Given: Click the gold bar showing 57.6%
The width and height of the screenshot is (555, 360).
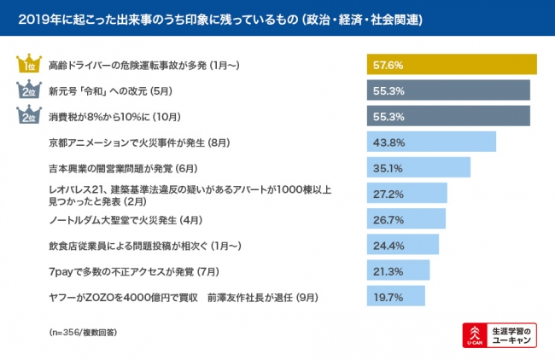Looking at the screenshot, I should (x=452, y=65).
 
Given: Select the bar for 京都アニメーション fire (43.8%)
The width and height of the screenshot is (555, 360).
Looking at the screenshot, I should (x=431, y=142).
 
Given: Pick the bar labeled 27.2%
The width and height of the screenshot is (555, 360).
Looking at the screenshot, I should (x=406, y=193).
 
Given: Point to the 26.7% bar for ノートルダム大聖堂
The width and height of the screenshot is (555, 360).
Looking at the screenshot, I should (x=406, y=218).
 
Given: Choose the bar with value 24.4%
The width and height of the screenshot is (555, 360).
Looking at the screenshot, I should (x=402, y=245).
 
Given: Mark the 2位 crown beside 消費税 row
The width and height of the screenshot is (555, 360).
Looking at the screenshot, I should (x=28, y=116).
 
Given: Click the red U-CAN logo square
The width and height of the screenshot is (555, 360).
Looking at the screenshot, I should (x=472, y=335).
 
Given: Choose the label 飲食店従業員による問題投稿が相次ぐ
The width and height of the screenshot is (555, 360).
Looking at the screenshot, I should (x=145, y=245).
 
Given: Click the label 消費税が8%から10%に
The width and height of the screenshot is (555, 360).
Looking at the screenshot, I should (x=114, y=116).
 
